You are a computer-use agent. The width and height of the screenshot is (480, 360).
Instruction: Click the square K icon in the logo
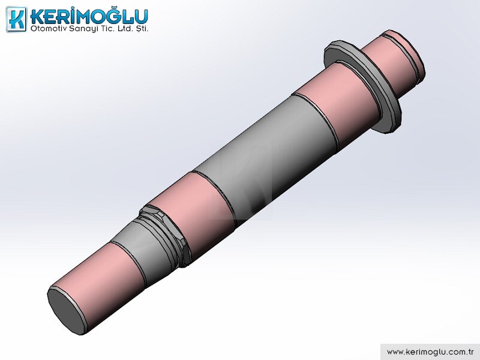17,19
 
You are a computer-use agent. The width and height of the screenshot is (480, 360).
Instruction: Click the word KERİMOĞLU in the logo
89,17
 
